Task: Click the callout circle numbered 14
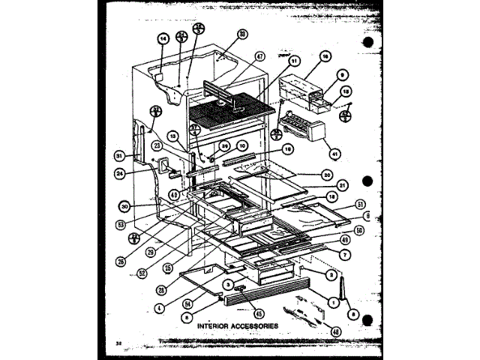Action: [x=162, y=40]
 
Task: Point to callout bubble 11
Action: [x=293, y=61]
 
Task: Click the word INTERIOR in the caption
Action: [x=217, y=325]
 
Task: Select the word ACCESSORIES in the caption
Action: [x=256, y=325]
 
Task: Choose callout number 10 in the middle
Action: [x=241, y=145]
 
